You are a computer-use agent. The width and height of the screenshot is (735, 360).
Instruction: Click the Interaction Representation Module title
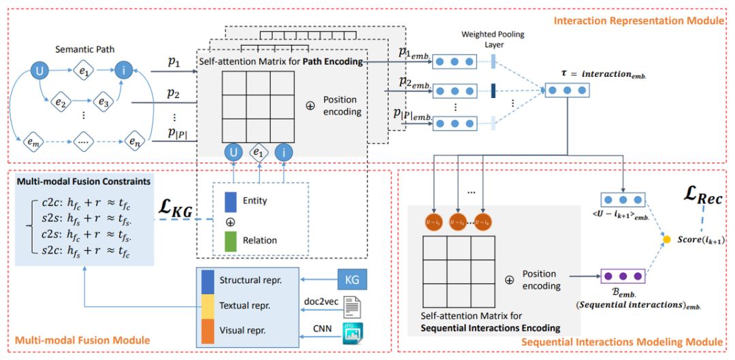point(638,21)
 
